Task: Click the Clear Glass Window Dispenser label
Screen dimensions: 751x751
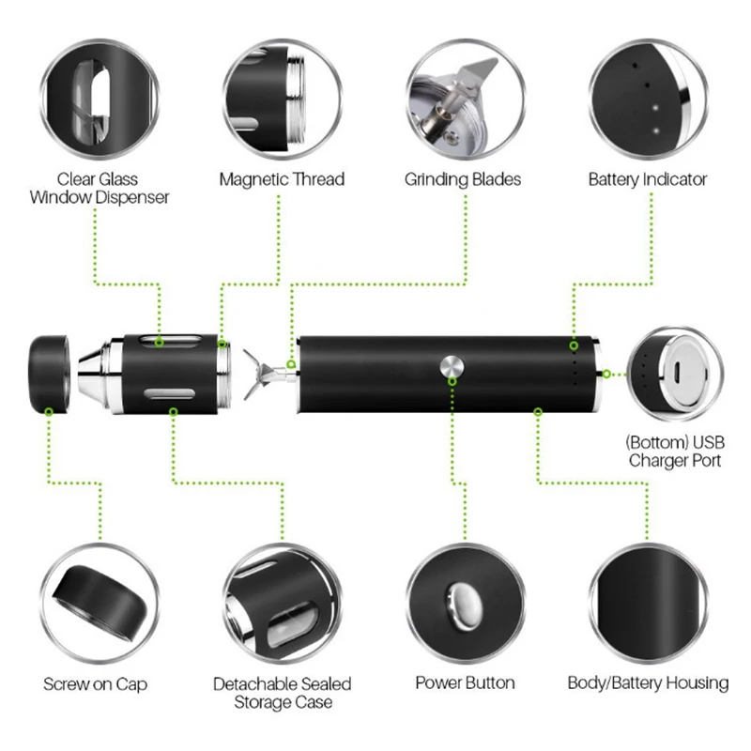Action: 100,188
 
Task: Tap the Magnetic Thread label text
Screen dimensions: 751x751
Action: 282,178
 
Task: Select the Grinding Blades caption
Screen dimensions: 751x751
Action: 463,178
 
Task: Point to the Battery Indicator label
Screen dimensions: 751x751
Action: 648,178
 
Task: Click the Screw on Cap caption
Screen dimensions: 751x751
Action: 95,683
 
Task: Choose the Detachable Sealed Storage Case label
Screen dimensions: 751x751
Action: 282,692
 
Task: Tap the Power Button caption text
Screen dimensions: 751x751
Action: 466,683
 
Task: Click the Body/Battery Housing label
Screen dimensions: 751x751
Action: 648,683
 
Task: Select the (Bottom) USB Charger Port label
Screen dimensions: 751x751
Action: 675,452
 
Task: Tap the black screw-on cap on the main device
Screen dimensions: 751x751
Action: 51,373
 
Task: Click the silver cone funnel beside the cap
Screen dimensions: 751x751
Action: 93,373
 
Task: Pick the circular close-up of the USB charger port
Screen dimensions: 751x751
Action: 673,374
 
